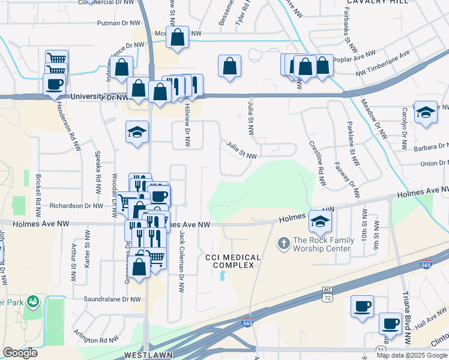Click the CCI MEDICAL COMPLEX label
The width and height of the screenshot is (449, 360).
233,262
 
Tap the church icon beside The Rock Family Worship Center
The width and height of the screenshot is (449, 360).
283,244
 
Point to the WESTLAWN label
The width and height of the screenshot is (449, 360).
141,355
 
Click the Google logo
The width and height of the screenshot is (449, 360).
20,352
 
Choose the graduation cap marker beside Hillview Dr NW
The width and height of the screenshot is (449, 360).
137,131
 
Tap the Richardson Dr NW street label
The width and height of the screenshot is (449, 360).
77,205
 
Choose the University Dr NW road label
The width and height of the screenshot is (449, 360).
98,97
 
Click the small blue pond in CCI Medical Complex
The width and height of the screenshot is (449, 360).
223,276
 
